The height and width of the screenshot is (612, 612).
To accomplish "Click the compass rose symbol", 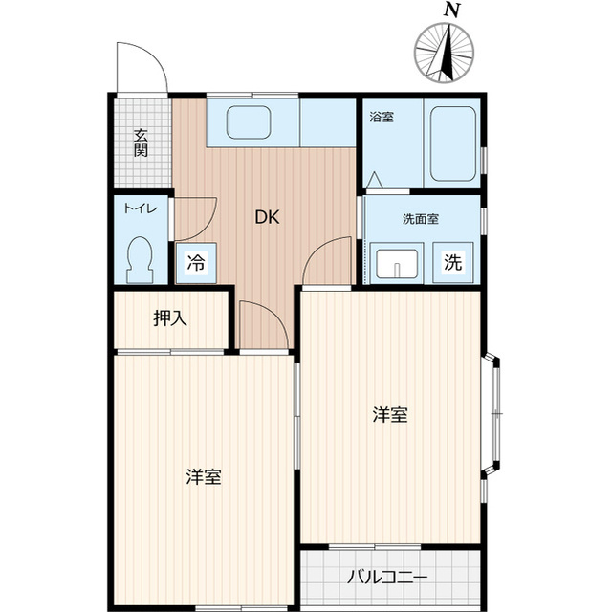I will pos(445,51).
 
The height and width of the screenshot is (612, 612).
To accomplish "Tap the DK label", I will pos(267,217).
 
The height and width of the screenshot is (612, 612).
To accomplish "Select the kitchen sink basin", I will pos(249,123).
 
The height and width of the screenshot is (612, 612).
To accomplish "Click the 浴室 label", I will pos(382,117).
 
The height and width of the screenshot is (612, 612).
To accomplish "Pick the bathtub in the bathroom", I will pos(451,143).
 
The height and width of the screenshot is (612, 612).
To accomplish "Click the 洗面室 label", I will pos(420,218).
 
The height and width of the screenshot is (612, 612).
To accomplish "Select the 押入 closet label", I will pos(170,318).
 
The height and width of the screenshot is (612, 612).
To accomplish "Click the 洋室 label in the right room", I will pos(390,415).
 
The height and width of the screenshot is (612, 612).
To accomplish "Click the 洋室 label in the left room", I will pos(204,476).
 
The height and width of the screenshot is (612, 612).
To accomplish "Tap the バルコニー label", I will pos(386,577).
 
